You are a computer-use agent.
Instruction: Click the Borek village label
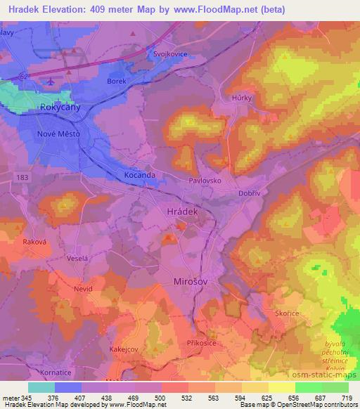[117, 82]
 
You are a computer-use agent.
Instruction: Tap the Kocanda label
[139, 174]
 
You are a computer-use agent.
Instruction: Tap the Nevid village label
[83, 288]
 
